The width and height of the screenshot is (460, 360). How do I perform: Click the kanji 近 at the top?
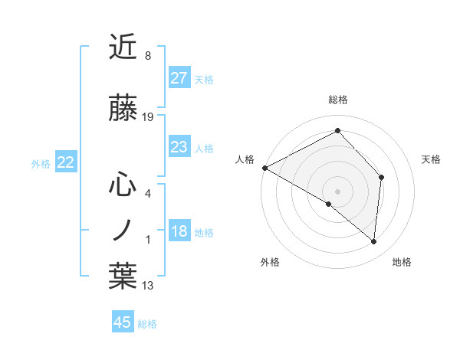click(123, 47)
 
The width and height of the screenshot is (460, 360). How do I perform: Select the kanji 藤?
click(123, 110)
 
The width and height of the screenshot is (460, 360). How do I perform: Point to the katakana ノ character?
click(123, 230)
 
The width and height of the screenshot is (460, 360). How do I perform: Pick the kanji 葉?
click(123, 277)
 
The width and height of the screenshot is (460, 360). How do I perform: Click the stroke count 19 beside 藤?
click(148, 117)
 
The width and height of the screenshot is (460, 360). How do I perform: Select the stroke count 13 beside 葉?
click(148, 286)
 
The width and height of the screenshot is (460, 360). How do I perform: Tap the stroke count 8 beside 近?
click(148, 56)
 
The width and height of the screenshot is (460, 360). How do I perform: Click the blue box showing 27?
click(179, 78)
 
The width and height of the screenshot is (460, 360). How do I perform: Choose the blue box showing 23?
click(179, 147)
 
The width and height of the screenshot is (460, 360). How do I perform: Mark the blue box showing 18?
click(179, 232)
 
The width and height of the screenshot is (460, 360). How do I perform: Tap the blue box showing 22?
click(65, 162)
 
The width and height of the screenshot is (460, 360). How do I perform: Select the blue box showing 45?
click(123, 322)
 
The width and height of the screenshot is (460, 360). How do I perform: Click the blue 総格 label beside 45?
click(147, 324)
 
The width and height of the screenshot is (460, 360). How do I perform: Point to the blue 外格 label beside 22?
click(41, 163)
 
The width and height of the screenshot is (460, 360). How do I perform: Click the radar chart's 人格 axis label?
click(245, 159)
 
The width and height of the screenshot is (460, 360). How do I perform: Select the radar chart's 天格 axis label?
click(431, 159)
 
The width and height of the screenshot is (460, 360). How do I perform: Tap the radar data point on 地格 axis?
click(373, 242)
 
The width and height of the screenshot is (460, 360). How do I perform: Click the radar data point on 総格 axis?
click(337, 131)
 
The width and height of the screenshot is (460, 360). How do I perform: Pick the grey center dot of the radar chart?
click(337, 191)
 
